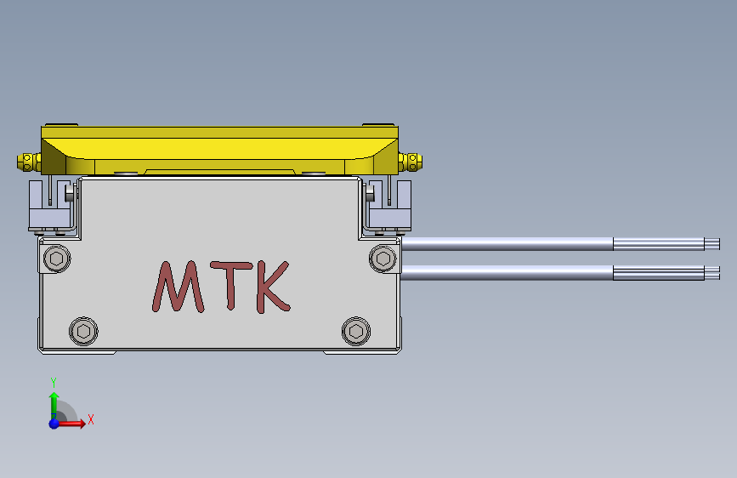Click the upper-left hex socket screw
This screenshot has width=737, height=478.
[57, 259]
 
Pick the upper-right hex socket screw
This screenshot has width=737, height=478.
[383, 259]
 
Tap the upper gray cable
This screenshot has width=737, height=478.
[510, 244]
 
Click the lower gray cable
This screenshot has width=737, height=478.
[510, 272]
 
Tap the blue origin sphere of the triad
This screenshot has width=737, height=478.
[54, 423]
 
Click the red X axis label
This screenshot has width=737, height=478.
[90, 418]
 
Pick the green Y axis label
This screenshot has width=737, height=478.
[54, 382]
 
